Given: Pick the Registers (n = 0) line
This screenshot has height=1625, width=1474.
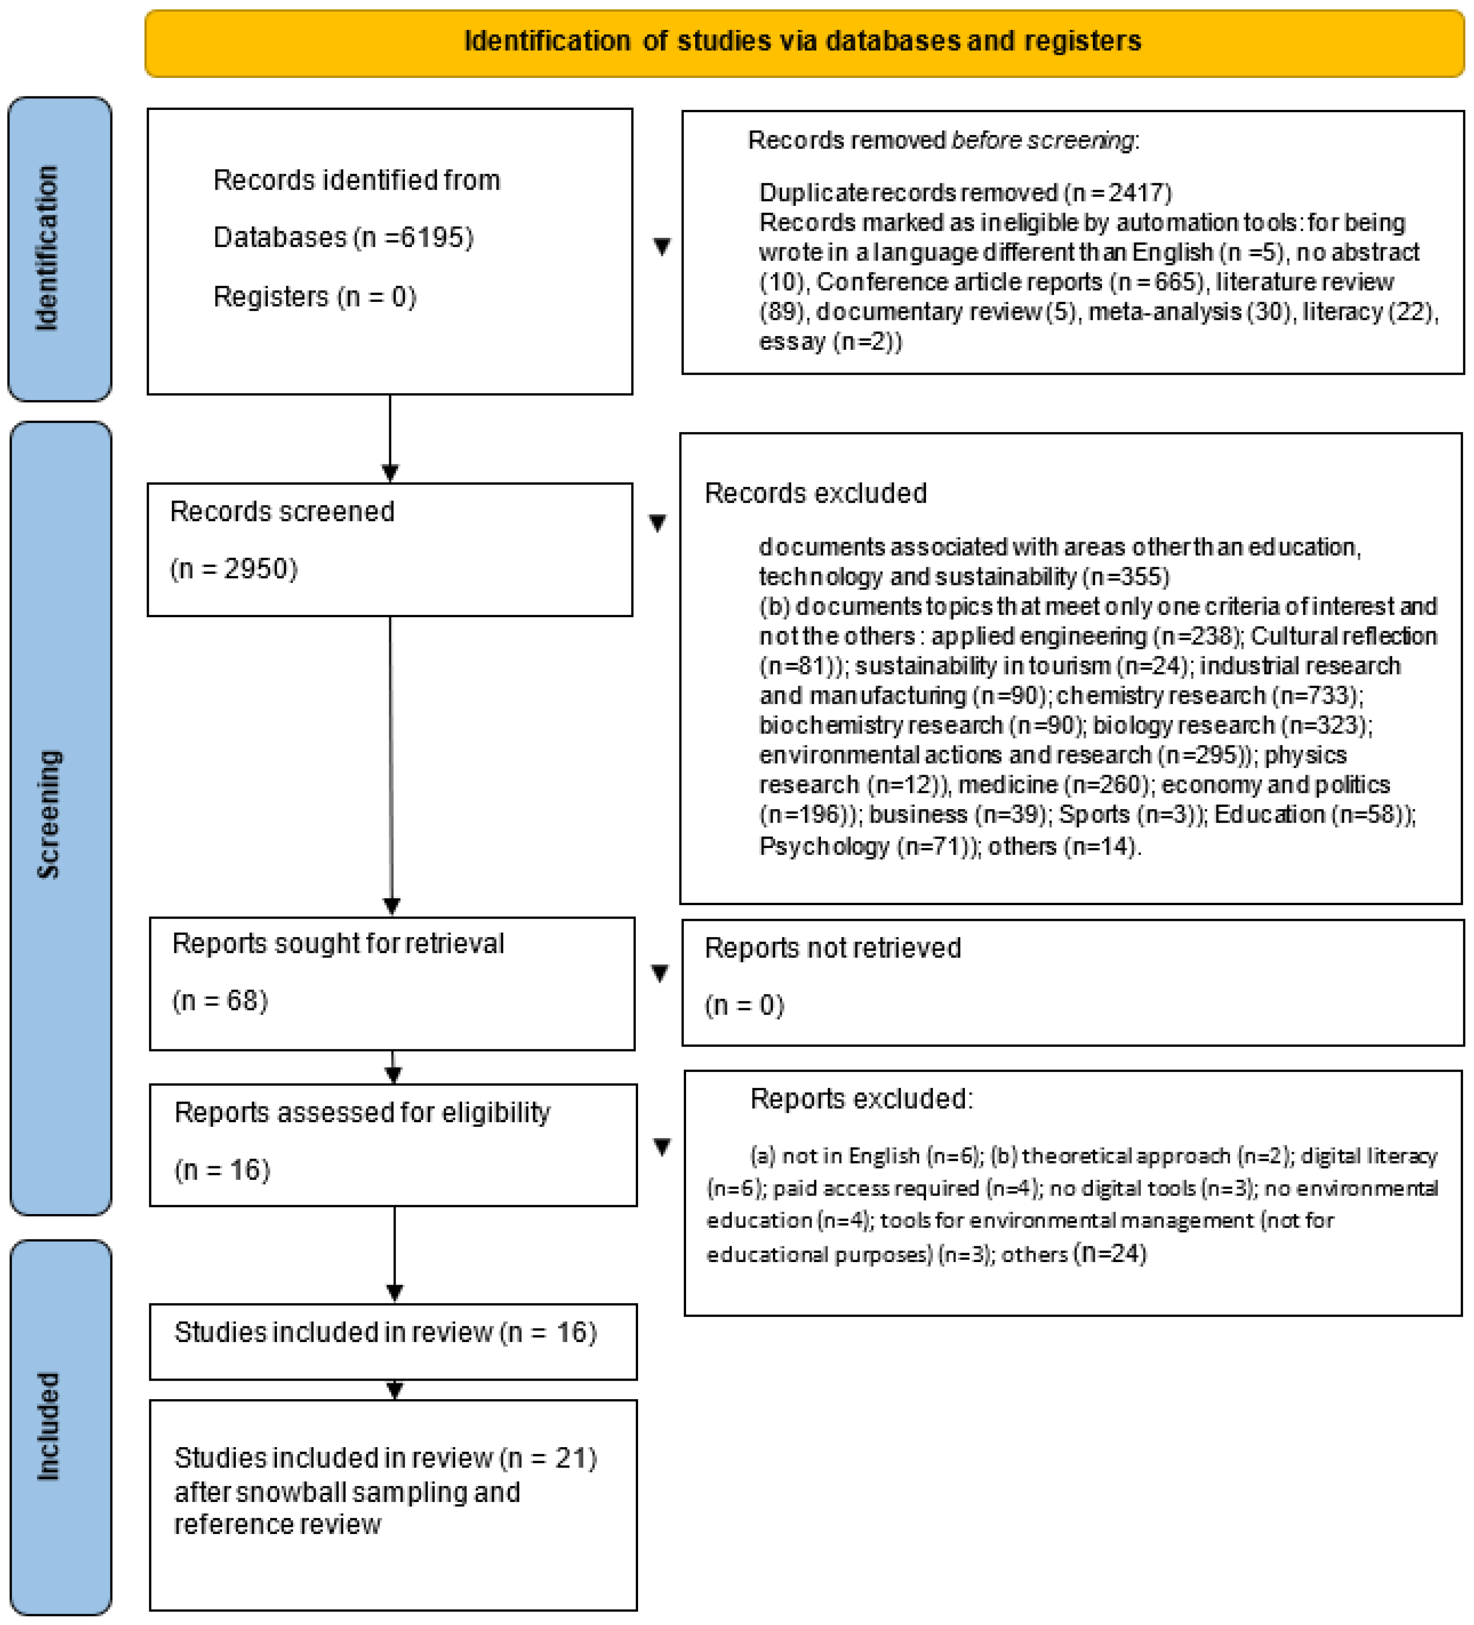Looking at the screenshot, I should (x=315, y=297).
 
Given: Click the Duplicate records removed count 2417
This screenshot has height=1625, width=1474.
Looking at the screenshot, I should (x=1139, y=193).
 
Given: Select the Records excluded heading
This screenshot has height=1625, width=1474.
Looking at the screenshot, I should (x=815, y=492).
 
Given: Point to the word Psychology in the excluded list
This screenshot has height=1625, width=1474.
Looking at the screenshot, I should (x=823, y=846).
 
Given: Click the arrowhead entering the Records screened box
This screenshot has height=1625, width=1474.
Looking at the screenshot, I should (x=390, y=473).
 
